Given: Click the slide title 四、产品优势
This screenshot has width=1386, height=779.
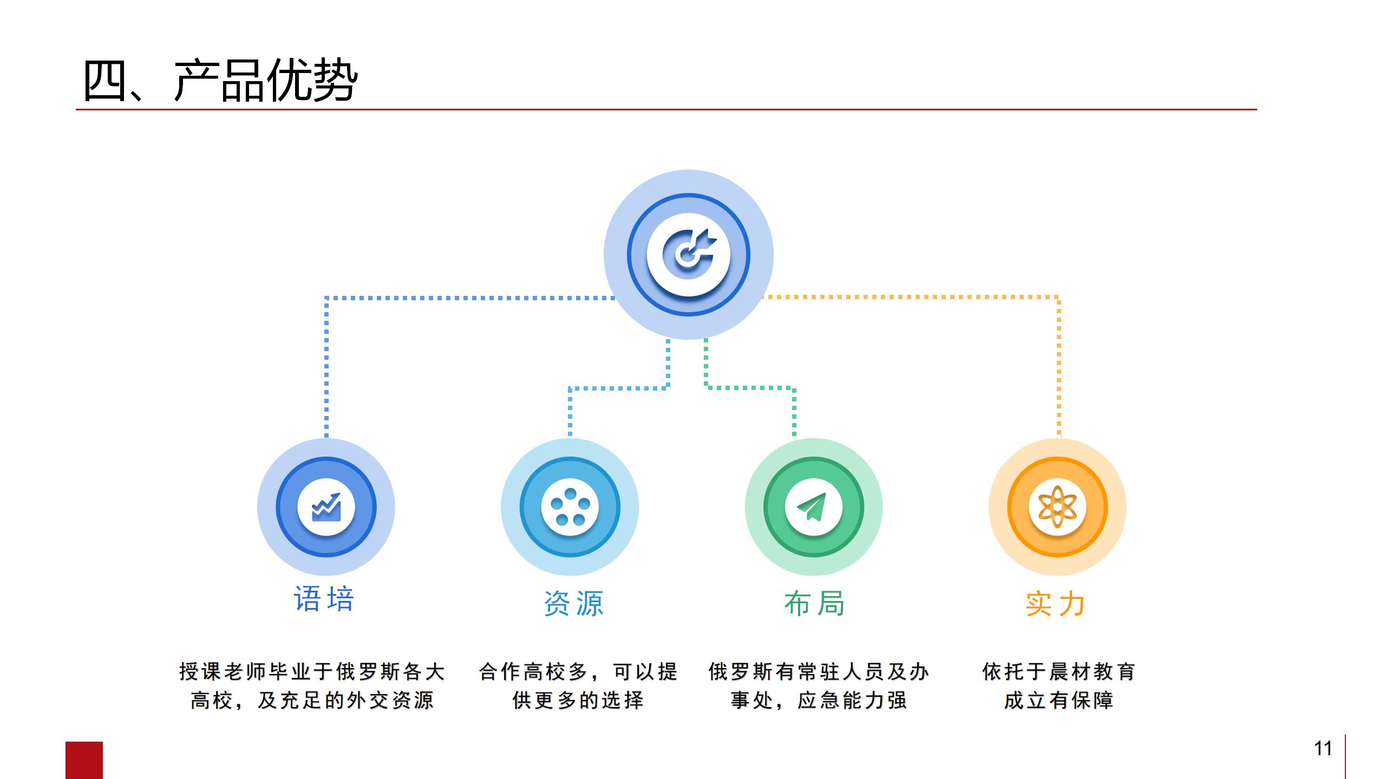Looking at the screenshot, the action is [220, 81].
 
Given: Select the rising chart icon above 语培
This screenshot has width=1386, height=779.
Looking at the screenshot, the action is [326, 507].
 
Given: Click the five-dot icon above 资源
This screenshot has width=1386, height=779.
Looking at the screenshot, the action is [570, 507].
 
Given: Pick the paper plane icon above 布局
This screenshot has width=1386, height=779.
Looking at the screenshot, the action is [812, 506].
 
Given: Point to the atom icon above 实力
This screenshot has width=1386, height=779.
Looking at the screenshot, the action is [1057, 507].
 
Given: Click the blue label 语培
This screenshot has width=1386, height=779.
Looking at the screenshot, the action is [324, 599].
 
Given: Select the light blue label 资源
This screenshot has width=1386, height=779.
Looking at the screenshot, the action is [574, 603].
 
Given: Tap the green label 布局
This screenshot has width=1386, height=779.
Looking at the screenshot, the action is [814, 603].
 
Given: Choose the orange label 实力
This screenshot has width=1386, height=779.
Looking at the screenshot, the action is [1055, 603].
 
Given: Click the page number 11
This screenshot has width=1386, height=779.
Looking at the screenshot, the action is [1323, 748].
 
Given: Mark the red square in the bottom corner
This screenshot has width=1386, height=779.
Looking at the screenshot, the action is [84, 760].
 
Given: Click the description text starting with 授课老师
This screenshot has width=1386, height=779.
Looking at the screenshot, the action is [312, 686].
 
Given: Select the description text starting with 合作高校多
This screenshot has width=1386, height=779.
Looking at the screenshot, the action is [578, 686].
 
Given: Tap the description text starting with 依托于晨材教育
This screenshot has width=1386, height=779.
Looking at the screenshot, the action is [1058, 686].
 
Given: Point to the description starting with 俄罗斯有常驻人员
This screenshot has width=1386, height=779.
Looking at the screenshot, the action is [819, 686].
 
